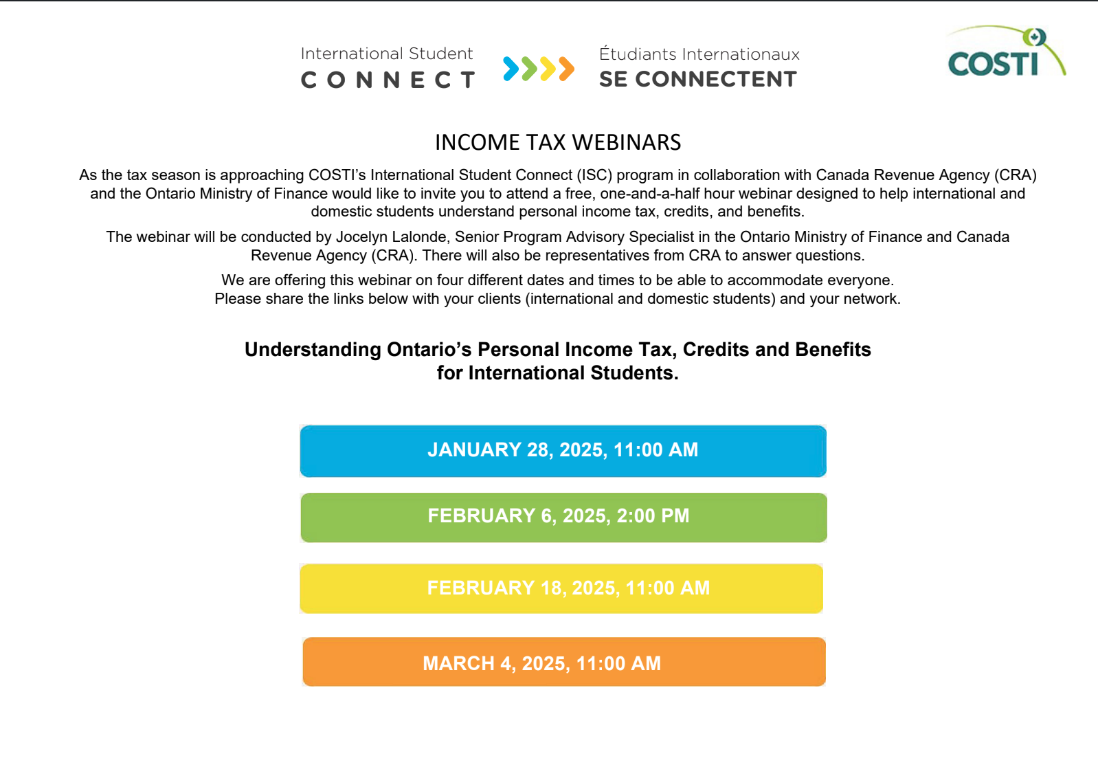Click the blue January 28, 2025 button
pyautogui.click(x=563, y=451)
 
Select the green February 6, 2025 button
pyautogui.click(x=563, y=518)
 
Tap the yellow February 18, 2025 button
pyautogui.click(x=561, y=588)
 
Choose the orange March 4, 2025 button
pyautogui.click(x=564, y=662)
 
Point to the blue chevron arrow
pyautogui.click(x=511, y=69)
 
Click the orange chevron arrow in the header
pyautogui.click(x=567, y=69)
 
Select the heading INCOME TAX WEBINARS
pyautogui.click(x=558, y=142)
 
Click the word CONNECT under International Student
pyautogui.click(x=388, y=80)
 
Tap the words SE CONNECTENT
pyautogui.click(x=698, y=79)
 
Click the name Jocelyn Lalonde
pyautogui.click(x=391, y=237)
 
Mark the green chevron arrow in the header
pyautogui.click(x=529, y=69)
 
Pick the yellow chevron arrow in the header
pyautogui.click(x=548, y=69)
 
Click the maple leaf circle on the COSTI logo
pyautogui.click(x=1034, y=37)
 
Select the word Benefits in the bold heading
pyautogui.click(x=833, y=350)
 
